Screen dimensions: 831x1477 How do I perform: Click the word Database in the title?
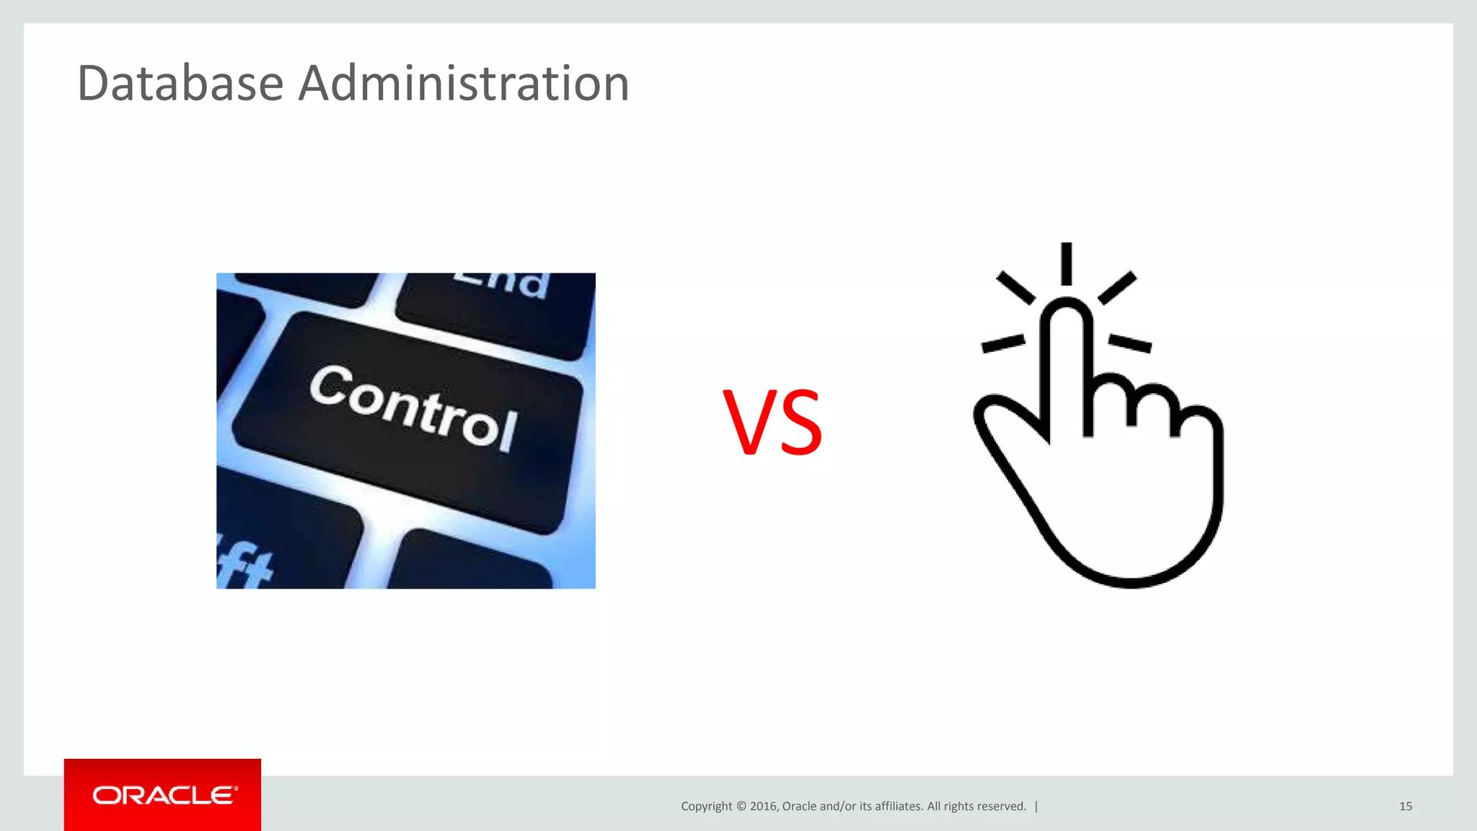180,83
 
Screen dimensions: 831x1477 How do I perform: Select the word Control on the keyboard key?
413,408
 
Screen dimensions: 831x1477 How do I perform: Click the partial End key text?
502,284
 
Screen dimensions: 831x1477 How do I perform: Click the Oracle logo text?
164,795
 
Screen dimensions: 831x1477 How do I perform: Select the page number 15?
1406,806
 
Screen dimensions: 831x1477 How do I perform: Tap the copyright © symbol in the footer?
741,806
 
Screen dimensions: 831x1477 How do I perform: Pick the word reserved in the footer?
1002,806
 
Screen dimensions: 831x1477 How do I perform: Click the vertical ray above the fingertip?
1067,263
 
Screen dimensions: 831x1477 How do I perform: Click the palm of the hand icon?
1132,505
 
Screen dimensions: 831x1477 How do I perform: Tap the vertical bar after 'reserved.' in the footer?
1036,806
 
